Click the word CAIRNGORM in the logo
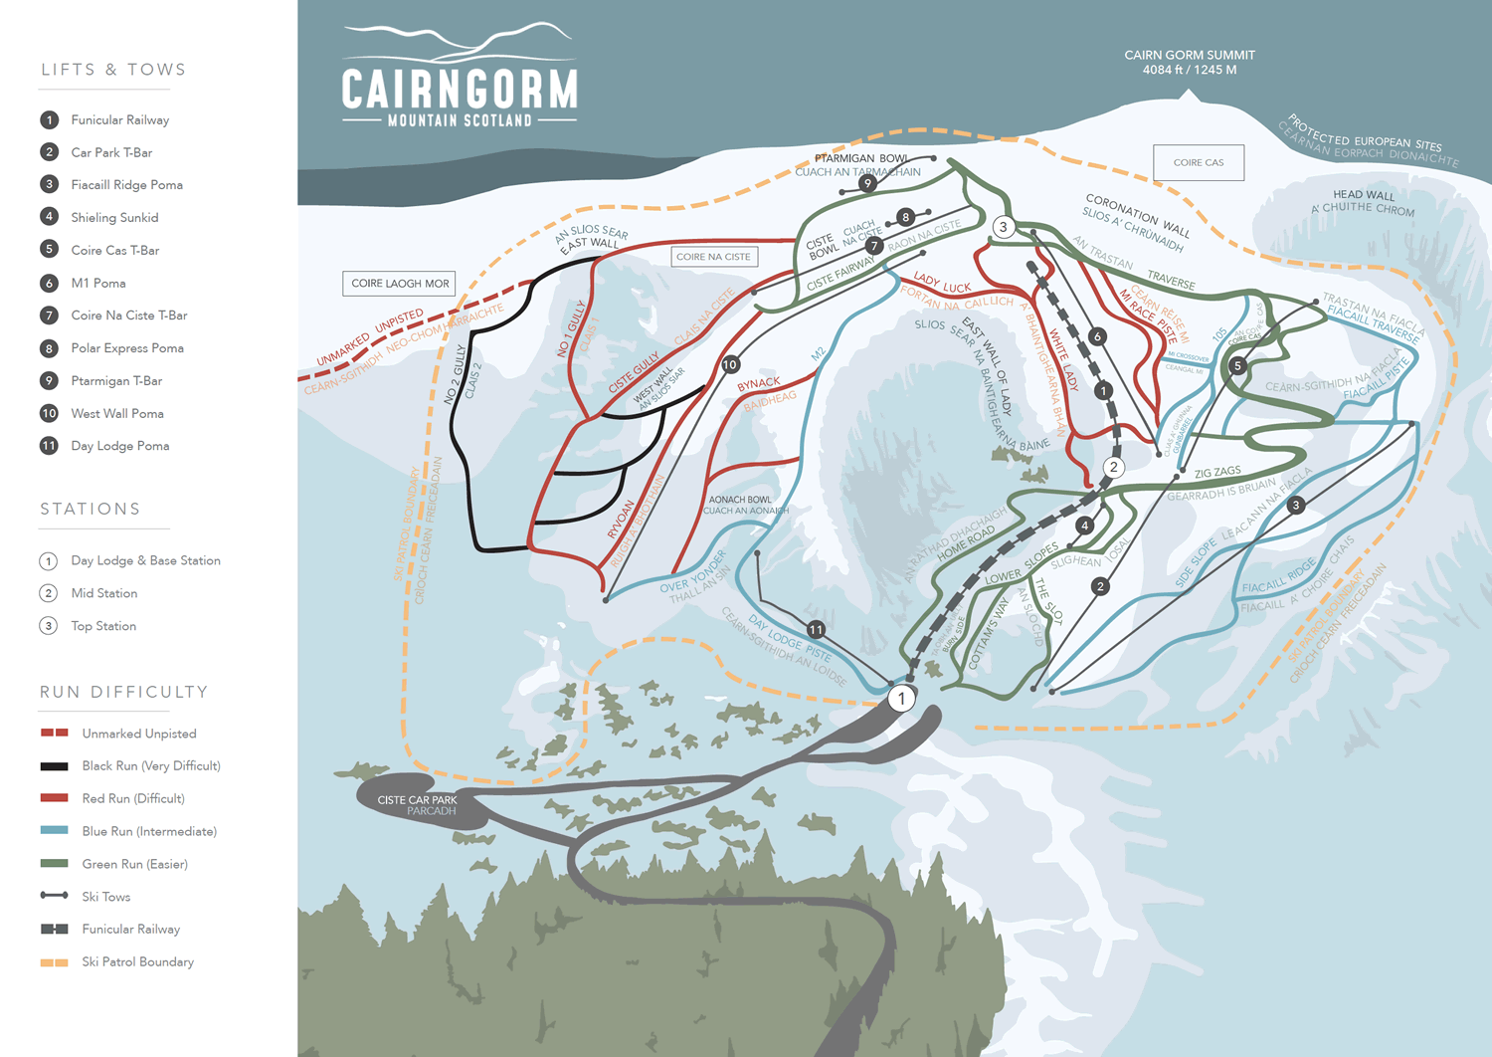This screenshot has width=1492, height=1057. point(460,89)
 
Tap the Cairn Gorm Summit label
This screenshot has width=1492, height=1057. point(1189,56)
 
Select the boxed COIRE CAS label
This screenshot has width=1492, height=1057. point(1199,162)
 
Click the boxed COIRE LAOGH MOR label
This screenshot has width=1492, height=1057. point(400,284)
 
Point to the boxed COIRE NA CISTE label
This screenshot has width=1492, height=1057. point(713,257)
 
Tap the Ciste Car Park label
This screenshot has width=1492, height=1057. point(417,800)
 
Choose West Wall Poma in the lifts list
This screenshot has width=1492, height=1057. point(116,413)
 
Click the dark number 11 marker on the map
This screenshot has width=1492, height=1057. point(816,629)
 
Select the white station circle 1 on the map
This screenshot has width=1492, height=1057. point(901,698)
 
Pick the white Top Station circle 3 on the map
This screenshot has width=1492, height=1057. point(1003,227)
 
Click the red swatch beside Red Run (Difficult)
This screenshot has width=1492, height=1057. point(54,798)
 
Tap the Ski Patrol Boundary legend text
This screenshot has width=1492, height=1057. point(137,961)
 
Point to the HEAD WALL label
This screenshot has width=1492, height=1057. point(1364,195)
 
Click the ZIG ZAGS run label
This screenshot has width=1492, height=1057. point(1217,473)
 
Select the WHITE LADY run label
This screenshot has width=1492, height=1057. point(1063,359)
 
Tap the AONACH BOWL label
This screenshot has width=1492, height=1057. point(739,500)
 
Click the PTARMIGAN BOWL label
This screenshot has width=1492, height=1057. point(860,158)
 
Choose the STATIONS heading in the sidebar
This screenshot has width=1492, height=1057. point(90,509)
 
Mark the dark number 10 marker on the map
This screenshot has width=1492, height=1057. point(730,364)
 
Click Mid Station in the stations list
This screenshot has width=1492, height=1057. point(103,593)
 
